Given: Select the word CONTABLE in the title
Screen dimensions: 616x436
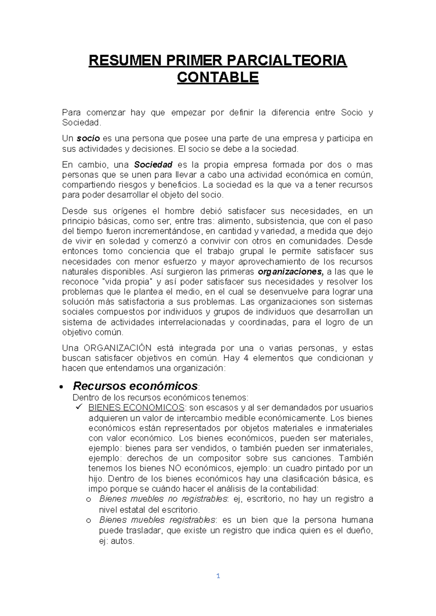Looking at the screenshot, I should (218, 77).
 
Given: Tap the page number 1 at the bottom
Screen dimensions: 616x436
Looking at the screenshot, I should (218, 576).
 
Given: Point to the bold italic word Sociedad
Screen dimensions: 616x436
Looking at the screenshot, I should (153, 165).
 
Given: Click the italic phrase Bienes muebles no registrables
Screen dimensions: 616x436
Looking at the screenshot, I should (163, 499).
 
